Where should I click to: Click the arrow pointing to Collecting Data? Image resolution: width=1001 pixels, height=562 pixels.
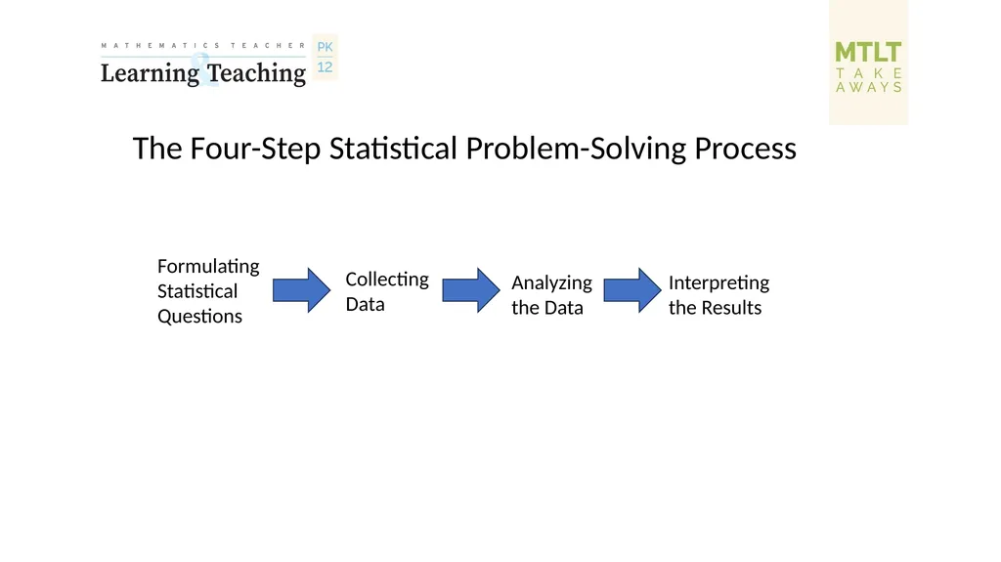coord(301,290)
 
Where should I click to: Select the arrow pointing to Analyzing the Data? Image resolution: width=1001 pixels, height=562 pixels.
coord(471,290)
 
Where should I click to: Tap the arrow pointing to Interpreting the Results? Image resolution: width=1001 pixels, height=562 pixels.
coord(632,290)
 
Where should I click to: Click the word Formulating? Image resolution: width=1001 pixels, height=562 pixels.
coord(208,266)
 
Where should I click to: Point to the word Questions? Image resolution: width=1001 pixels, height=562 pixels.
coord(199,316)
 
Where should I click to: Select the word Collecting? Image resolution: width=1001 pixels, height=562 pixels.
coord(387,280)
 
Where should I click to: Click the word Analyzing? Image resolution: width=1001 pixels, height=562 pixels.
coord(551,282)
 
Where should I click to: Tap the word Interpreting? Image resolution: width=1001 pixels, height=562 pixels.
coord(718,282)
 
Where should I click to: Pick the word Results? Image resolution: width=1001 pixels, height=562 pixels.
coord(731,308)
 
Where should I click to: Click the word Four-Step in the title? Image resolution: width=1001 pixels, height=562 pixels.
coord(255,149)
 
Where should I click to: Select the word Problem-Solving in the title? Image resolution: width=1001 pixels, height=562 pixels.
coord(576,149)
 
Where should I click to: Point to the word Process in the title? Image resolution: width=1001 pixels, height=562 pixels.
coord(745,149)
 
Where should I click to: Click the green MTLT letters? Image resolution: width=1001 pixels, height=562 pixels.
coord(868,52)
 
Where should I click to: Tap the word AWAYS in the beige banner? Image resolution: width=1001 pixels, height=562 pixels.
coord(869,88)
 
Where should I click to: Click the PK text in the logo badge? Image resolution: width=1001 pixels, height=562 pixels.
coord(325,47)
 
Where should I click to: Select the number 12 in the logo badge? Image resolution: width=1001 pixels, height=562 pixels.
coord(325,67)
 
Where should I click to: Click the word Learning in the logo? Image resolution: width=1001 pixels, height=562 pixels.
coord(150,73)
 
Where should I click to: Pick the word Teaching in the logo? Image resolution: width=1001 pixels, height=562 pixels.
coord(257,73)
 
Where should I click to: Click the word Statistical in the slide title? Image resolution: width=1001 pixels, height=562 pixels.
coord(393,149)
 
